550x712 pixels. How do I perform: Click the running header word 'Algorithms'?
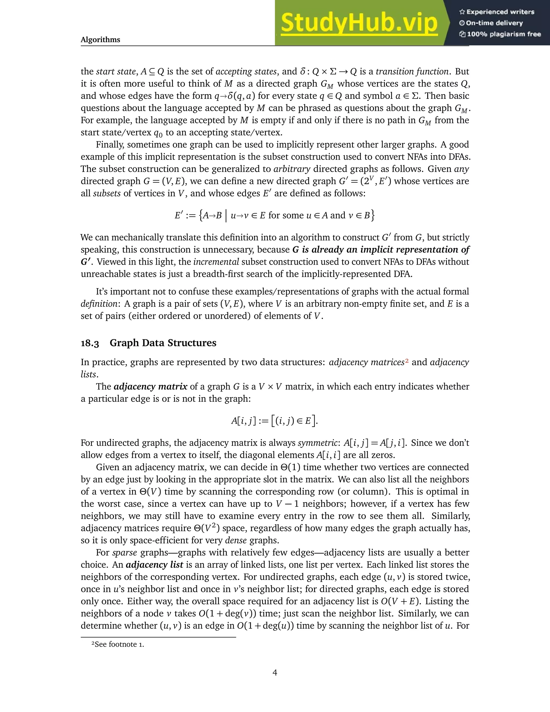(100, 40)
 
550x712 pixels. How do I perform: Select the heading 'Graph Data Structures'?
(163, 343)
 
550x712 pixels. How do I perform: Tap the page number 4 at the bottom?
(275, 673)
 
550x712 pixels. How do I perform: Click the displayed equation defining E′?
(275, 215)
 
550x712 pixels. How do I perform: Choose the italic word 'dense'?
(236, 541)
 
